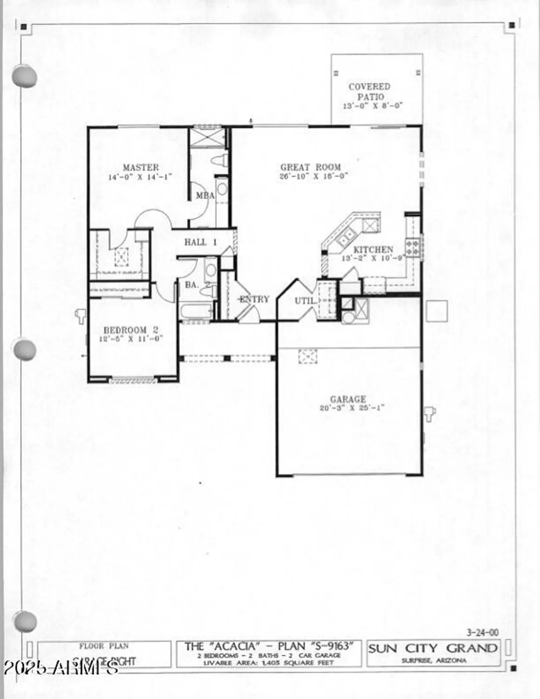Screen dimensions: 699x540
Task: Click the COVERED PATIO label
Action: click(x=369, y=91)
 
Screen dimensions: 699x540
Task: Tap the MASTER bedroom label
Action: click(x=140, y=167)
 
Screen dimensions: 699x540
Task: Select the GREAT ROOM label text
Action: click(x=310, y=167)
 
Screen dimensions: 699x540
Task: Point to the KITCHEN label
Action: click(x=373, y=249)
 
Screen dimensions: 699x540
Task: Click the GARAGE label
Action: click(x=348, y=399)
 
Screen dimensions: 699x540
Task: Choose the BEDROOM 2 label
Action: click(x=131, y=330)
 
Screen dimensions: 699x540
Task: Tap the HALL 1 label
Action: click(x=200, y=242)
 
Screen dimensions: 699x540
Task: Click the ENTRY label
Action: click(x=254, y=299)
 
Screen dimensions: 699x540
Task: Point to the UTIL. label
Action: click(x=305, y=301)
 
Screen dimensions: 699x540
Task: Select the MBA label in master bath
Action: click(x=205, y=196)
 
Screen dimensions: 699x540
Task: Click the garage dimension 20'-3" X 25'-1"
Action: click(x=352, y=408)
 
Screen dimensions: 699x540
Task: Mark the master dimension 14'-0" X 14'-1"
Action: click(x=140, y=177)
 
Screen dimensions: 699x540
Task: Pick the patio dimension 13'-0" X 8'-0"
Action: click(x=372, y=106)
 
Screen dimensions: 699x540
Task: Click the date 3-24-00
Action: click(x=482, y=632)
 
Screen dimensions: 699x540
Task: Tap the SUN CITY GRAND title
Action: click(x=433, y=648)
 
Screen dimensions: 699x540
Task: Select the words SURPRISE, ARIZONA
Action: click(x=433, y=660)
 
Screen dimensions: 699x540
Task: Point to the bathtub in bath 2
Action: click(x=196, y=311)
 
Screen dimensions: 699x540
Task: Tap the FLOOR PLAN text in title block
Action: click(x=104, y=646)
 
